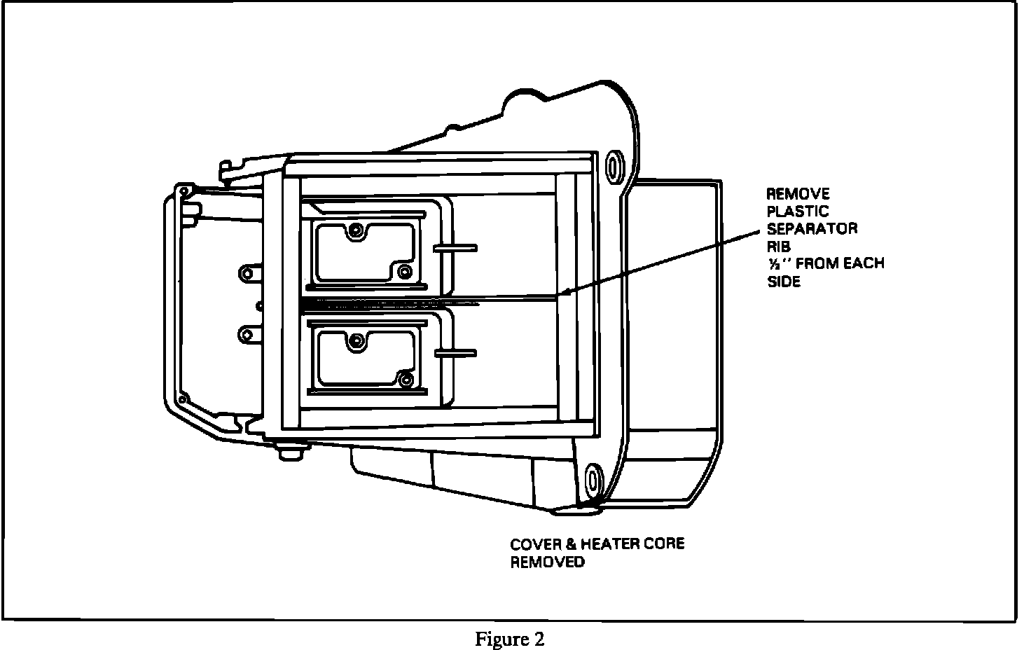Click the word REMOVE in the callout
coord(798,194)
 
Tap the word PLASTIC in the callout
coord(798,212)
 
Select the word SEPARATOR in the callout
coord(812,229)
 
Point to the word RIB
coord(779,247)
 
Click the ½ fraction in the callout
coord(775,264)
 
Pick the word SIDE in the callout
coord(784,282)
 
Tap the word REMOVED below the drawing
coord(547,562)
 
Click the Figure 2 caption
coord(509,639)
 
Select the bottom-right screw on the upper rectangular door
coord(404,270)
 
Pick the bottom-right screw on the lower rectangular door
coord(404,379)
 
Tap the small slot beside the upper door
coord(455,247)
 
